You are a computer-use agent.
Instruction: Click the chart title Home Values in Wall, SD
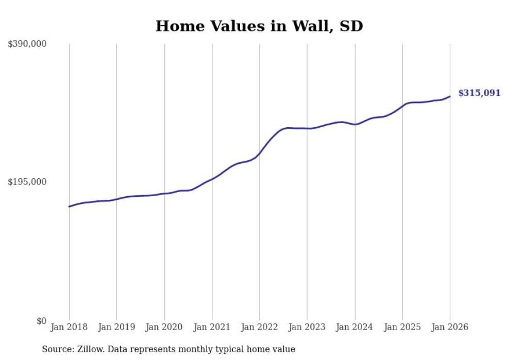[259, 26]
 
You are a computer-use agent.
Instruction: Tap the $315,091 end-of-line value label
[479, 93]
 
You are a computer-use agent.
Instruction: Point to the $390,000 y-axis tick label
[27, 44]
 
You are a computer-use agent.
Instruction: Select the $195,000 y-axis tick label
[27, 182]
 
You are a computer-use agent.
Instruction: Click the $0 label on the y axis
[41, 321]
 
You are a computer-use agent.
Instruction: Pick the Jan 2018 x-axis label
[69, 327]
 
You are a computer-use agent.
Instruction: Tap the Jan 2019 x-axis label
[116, 327]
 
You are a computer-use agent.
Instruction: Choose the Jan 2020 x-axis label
[164, 327]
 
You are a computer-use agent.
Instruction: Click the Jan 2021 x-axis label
[212, 327]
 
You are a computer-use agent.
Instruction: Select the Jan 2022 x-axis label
[260, 327]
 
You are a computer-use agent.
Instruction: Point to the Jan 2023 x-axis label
[307, 327]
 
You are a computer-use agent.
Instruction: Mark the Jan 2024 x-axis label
[355, 327]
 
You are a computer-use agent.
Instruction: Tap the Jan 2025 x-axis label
[402, 327]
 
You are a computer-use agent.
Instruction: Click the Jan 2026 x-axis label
[450, 327]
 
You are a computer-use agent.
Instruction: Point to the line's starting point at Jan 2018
[69, 207]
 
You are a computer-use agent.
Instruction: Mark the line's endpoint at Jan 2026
[450, 96]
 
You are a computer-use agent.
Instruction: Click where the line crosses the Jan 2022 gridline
[260, 153]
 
